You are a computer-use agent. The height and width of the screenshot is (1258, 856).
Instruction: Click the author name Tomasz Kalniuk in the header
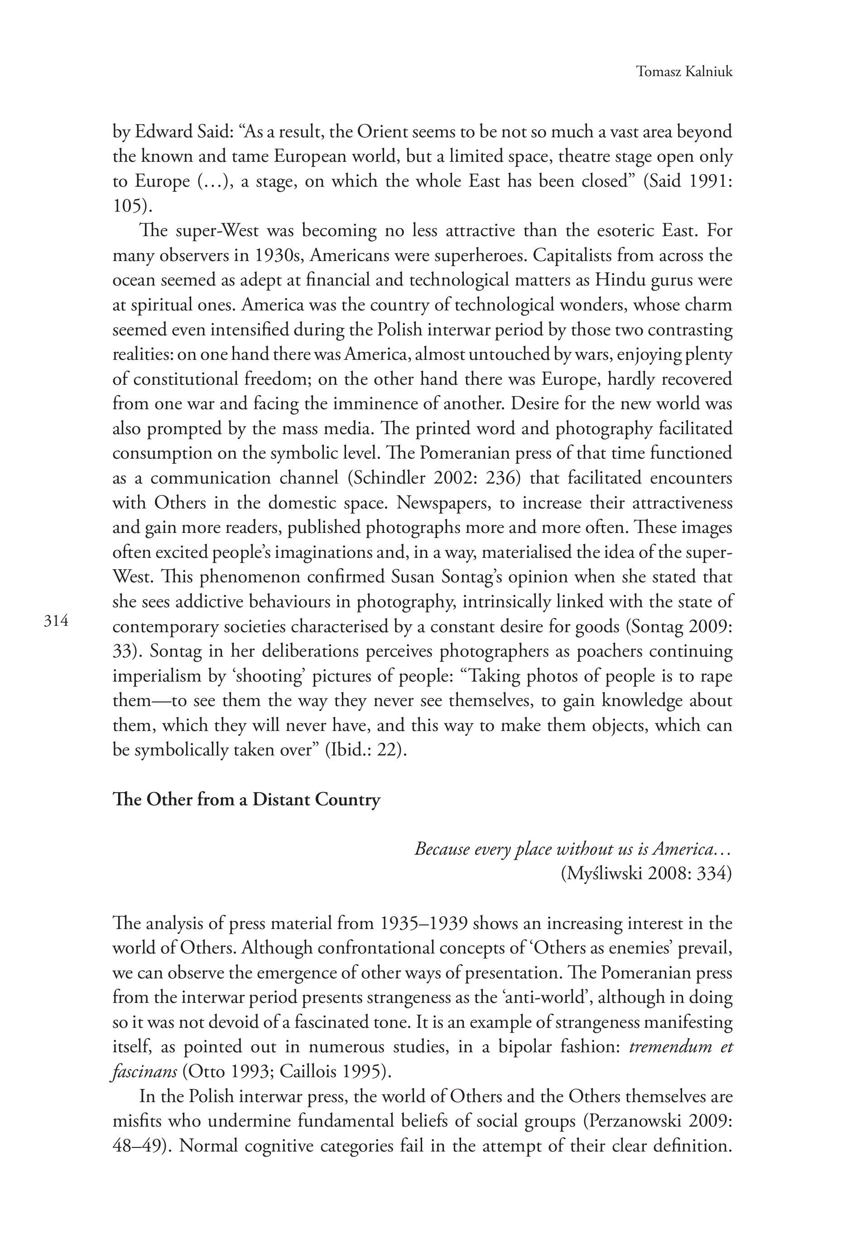[x=684, y=72]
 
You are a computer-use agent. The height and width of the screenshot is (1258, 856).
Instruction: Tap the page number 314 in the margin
[x=56, y=621]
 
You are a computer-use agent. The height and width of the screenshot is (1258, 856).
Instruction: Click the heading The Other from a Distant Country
[x=246, y=799]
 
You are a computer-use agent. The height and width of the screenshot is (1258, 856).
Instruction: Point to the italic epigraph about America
[x=573, y=849]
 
